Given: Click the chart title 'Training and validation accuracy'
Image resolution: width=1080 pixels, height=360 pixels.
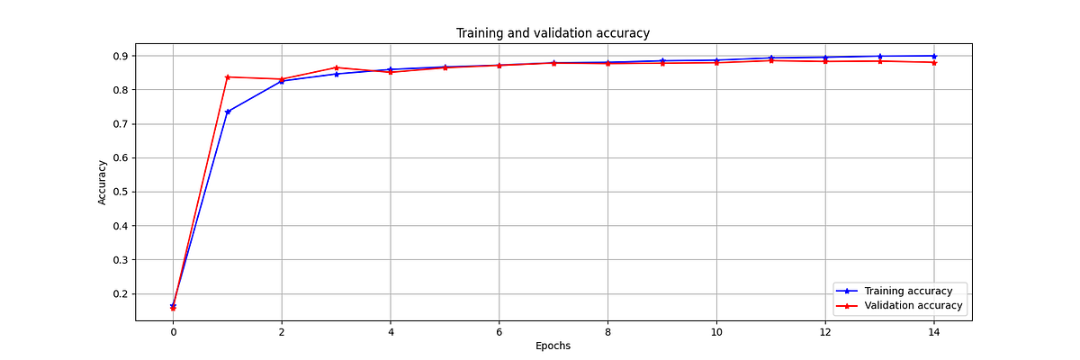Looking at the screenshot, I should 553,33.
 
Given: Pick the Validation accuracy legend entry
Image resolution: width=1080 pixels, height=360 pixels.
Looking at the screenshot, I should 913,306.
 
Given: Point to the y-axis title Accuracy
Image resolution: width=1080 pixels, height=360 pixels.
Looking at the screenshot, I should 103,183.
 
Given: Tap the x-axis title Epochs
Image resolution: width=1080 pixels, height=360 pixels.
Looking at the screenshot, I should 553,346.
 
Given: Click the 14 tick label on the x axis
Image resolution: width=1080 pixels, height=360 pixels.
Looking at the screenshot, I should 934,331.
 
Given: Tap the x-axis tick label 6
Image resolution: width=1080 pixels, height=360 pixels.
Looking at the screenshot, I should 499,331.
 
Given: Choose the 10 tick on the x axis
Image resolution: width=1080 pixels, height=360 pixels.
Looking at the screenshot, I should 716,331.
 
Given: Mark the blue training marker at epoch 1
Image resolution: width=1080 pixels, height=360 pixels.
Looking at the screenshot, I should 228,112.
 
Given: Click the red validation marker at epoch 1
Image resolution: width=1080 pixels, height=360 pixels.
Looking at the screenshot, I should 228,77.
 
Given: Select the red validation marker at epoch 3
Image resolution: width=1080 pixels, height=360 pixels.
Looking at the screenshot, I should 337,67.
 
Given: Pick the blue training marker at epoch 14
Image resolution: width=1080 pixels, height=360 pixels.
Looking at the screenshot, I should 934,56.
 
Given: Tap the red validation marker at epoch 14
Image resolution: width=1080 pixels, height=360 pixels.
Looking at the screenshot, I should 934,62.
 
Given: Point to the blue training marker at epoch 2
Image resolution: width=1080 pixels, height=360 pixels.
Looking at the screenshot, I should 282,81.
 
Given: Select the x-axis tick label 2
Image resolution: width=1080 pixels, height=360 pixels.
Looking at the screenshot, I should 282,331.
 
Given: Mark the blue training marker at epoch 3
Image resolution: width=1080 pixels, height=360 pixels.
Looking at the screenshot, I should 337,74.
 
